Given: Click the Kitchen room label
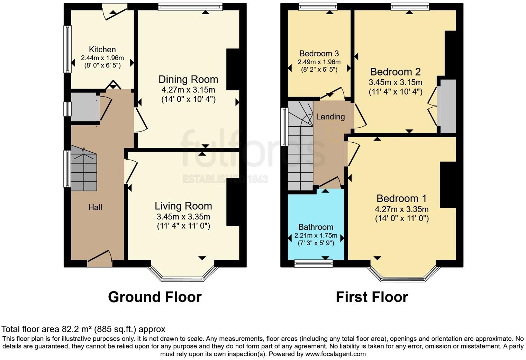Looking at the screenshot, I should click(102, 49).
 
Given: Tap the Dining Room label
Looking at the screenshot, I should click(188, 79).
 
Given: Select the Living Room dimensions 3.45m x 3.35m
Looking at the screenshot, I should click(183, 217).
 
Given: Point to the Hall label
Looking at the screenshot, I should click(95, 207).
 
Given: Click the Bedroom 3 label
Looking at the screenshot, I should click(319, 54).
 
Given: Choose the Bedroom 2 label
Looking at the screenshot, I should click(395, 72).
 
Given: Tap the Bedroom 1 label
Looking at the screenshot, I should click(401, 199).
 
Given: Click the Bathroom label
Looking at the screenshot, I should click(316, 227).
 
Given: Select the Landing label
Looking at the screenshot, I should click(330, 117).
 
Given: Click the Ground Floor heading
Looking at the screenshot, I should click(155, 297).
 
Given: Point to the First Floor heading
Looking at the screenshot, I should click(372, 297).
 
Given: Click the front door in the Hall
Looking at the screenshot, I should click(100, 260).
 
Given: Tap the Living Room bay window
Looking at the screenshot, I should click(183, 275).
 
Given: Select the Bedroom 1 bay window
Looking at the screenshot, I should click(403, 275).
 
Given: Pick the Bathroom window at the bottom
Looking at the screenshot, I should click(314, 264).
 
